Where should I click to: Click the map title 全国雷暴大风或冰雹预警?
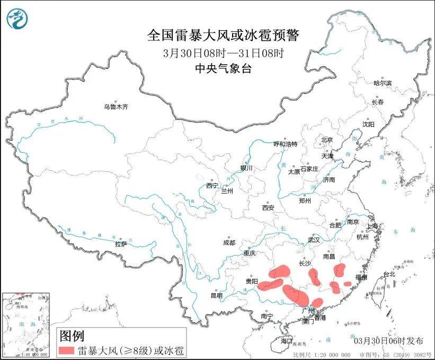pos(223,36)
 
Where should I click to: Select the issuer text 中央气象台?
pos(223,68)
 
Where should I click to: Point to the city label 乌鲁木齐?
pos(116,107)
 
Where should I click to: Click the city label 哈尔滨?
pos(382,83)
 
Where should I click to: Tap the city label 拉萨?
pos(121,244)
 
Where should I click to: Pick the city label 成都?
pos(229,243)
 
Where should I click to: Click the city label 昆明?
pos(217,295)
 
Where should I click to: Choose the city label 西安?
pos(268,208)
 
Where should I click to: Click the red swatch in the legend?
pos(66,350)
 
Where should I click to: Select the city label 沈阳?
pos(368,124)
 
